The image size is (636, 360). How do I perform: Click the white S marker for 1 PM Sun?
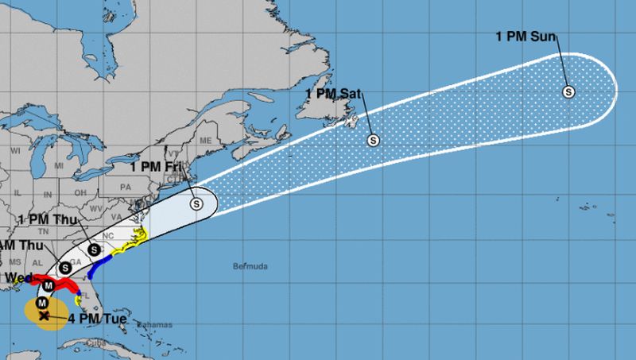pyautogui.click(x=569, y=91)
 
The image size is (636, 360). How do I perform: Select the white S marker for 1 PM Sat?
pyautogui.click(x=373, y=141)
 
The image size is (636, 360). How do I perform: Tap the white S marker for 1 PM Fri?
pyautogui.click(x=196, y=203)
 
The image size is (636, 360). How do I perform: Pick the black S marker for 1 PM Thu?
pyautogui.click(x=94, y=250)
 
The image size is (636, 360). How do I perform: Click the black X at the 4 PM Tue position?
pyautogui.click(x=45, y=315)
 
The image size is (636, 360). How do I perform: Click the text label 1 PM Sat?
pyautogui.click(x=333, y=95)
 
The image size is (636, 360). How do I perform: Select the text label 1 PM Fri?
pyautogui.click(x=156, y=167)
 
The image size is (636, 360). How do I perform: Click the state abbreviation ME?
pyautogui.click(x=207, y=141)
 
